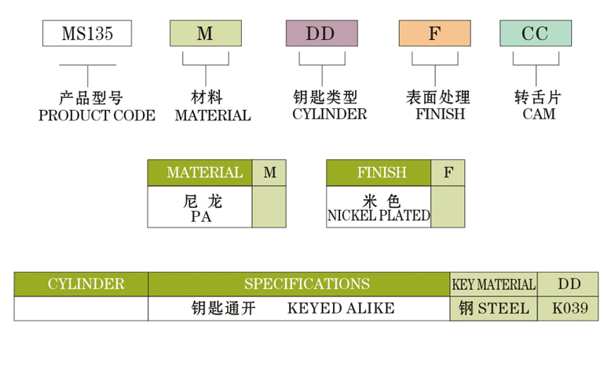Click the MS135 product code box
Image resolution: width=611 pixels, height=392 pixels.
pyautogui.click(x=87, y=33)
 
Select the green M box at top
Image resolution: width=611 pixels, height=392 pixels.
pyautogui.click(x=205, y=33)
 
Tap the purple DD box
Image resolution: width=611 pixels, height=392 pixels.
pyautogui.click(x=321, y=33)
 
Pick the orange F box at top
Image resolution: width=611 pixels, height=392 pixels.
pyautogui.click(x=434, y=33)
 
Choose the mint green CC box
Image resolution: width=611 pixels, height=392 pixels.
pyautogui.click(x=536, y=33)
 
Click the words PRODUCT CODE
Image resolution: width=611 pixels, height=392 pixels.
pyautogui.click(x=97, y=115)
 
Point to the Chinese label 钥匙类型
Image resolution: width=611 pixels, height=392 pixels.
pyautogui.click(x=324, y=98)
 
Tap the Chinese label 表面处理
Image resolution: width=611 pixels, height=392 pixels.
pyautogui.click(x=437, y=98)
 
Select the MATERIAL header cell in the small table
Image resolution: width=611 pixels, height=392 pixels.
pyautogui.click(x=199, y=172)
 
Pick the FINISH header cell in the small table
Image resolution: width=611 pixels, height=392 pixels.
pyautogui.click(x=379, y=172)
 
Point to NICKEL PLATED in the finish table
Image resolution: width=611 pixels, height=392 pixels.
pyautogui.click(x=379, y=216)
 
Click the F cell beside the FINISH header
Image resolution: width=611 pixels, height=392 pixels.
pyautogui.click(x=448, y=172)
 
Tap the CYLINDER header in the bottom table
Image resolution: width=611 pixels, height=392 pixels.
pyautogui.click(x=81, y=284)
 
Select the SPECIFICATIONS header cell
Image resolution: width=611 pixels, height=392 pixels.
pyautogui.click(x=299, y=284)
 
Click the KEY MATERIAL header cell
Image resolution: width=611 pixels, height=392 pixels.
pyautogui.click(x=494, y=285)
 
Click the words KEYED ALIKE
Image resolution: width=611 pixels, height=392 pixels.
pyautogui.click(x=341, y=308)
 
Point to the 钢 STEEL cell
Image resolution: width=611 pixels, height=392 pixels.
pyautogui.click(x=494, y=308)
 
